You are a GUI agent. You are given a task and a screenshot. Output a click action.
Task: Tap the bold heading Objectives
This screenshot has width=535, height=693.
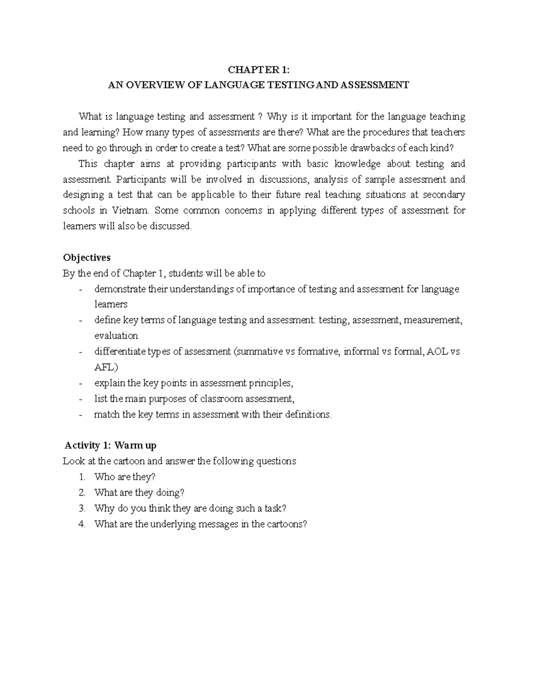tap(86, 257)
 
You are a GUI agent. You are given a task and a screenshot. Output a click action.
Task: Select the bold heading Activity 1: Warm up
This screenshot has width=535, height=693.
tap(110, 445)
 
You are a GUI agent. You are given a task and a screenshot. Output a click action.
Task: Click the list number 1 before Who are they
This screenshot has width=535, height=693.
tap(82, 477)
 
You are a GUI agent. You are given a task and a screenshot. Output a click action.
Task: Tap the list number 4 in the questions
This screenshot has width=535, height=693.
tap(82, 524)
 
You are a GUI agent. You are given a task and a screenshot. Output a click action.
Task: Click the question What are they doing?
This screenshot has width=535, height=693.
tap(139, 493)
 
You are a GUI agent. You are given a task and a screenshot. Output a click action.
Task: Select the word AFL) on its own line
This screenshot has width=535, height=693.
tap(106, 367)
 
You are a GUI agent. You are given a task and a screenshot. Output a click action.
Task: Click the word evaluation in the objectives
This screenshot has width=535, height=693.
tap(116, 336)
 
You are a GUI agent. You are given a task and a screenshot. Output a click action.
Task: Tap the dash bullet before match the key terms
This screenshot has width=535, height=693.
tap(81, 415)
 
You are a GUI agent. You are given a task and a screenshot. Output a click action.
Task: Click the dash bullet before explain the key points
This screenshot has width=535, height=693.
tap(81, 383)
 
